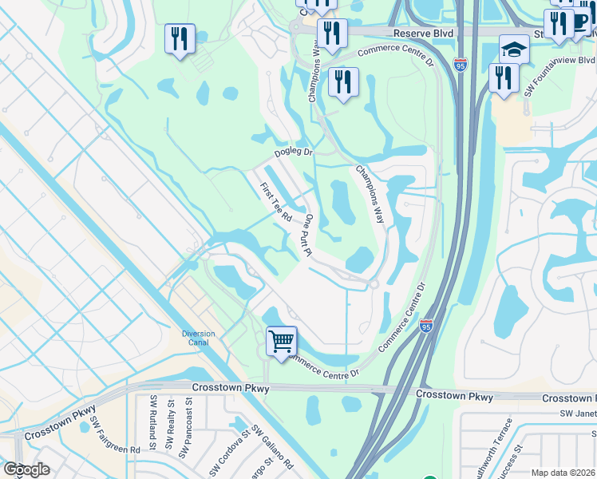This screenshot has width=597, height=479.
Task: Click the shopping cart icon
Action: click(281, 341)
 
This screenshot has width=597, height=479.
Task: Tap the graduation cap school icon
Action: click(514, 49)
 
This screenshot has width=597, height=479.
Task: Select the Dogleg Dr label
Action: click(293, 151)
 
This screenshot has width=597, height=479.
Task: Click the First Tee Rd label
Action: click(276, 203)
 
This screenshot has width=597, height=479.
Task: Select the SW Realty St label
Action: click(170, 422)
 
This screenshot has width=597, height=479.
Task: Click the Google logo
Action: click(26, 469)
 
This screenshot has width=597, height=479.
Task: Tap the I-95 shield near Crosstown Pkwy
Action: click(426, 326)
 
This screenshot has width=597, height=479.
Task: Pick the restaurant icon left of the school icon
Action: click(504, 77)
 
